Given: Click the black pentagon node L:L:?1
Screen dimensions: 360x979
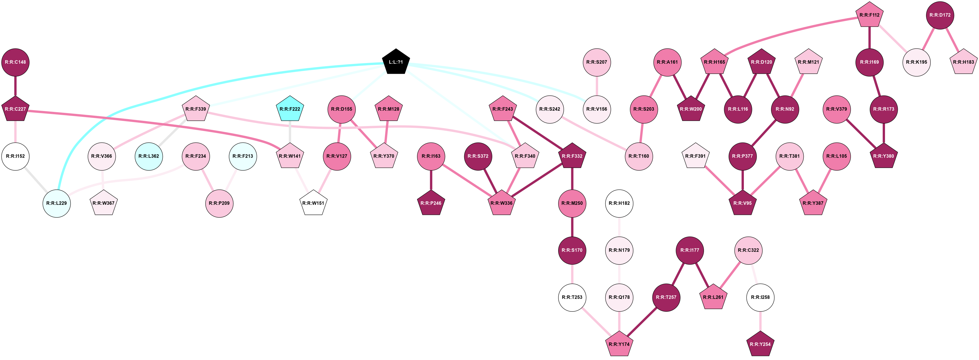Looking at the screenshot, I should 396,62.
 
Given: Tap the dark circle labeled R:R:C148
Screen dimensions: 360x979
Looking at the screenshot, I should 15,62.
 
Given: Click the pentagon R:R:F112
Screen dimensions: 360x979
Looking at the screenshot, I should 870,15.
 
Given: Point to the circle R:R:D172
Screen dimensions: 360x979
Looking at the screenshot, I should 940,15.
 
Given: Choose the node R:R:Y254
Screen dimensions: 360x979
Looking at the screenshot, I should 760,344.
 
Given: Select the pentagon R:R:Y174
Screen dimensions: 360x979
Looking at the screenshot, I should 619,344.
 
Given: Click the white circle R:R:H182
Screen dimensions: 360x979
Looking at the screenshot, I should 619,203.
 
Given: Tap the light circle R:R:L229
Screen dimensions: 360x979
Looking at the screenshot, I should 57,203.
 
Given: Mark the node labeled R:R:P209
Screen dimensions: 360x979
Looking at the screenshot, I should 219,203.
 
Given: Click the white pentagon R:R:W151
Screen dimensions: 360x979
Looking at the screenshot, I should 313,203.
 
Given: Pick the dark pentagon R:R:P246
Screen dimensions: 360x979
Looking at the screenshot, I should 431,203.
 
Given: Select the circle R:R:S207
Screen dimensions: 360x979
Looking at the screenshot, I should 597,62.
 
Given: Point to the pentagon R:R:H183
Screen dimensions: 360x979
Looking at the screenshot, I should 963,62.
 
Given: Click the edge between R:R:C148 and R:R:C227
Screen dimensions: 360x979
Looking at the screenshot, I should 15,86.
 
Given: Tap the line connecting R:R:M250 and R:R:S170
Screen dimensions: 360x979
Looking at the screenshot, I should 572,227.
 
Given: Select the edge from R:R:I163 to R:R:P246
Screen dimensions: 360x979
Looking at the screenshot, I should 431,180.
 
